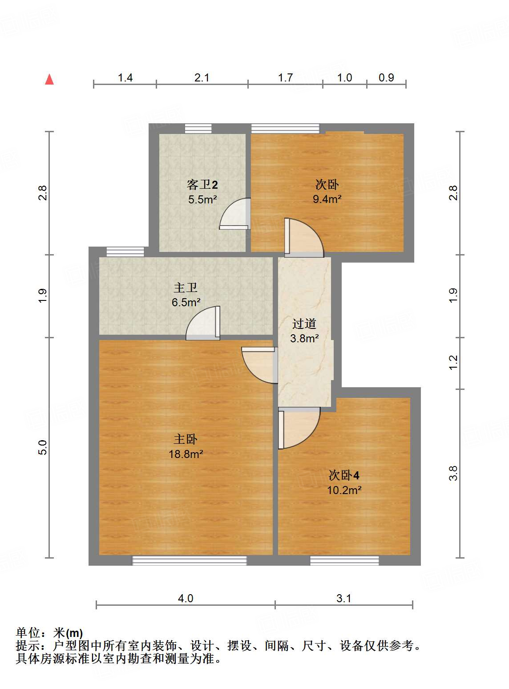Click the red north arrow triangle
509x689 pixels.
pos(49,80)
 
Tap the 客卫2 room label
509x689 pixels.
pos(202,185)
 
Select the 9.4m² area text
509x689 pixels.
pos(327,199)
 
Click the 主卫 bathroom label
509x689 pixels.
pos(186,288)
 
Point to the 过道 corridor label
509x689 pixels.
pos(304,324)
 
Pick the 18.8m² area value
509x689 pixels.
pos(186,454)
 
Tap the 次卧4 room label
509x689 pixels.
pos(344,475)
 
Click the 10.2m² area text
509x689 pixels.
pos(344,490)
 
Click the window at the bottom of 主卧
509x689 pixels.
pos(190,560)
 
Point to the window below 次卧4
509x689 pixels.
pos(344,560)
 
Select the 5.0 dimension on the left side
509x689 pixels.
pos(42,447)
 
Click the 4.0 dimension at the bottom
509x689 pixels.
pos(186,598)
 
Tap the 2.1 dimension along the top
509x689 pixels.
pos(202,78)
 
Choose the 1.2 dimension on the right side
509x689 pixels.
pos(453,362)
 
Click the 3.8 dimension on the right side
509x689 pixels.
pos(453,473)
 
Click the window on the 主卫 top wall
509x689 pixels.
pos(125,252)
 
